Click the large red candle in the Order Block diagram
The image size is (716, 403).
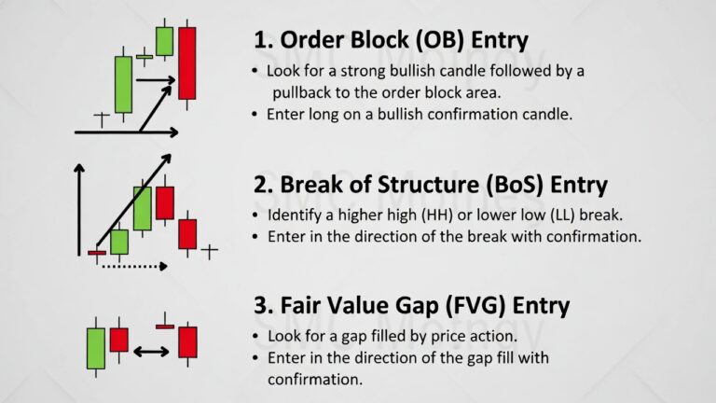pos(186,63)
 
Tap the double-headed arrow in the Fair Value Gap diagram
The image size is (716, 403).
pos(151,352)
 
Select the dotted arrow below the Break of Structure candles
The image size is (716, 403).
pos(134,266)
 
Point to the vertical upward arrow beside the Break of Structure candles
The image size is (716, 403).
pos(79,210)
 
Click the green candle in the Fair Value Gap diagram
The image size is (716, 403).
pos(96,348)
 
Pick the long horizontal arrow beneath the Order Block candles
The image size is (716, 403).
pos(127,132)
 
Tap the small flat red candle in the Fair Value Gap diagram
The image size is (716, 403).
pos(165,327)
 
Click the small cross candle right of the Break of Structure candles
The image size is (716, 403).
pos(209,251)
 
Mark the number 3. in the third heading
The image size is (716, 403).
pos(264,305)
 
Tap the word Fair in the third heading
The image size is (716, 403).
pos(299,305)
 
